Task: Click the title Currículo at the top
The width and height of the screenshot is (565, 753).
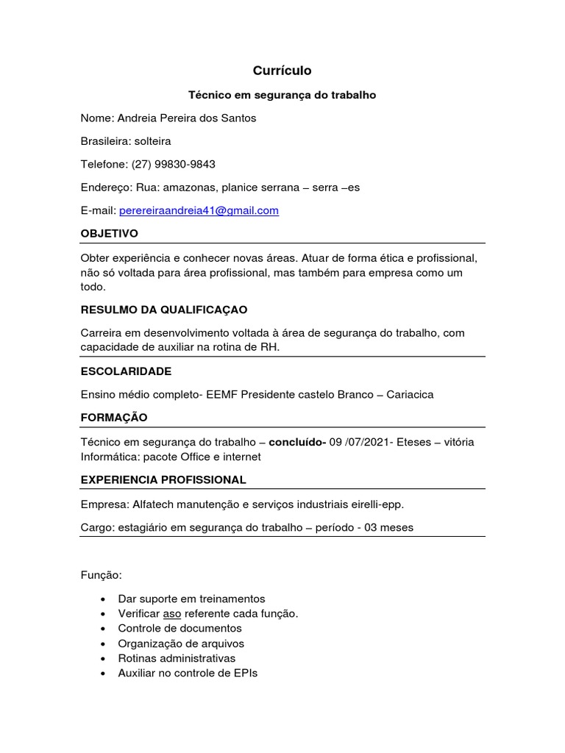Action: (x=282, y=71)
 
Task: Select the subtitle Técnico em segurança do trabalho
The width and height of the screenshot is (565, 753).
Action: (x=282, y=95)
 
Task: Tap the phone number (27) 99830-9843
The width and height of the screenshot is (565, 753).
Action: (x=174, y=164)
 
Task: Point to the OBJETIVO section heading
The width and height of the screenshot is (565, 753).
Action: (x=110, y=234)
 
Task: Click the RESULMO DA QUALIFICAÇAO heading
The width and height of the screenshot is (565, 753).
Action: (x=164, y=310)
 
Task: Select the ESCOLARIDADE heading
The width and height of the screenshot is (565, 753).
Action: (x=126, y=371)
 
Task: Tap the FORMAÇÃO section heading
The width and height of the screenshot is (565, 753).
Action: (x=114, y=418)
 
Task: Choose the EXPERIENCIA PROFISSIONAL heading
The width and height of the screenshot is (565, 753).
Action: (x=163, y=480)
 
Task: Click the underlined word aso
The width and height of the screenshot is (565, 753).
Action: (x=171, y=613)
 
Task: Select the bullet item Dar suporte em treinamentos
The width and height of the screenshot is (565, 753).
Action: (x=191, y=599)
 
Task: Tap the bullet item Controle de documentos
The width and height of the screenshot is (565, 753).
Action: (x=180, y=628)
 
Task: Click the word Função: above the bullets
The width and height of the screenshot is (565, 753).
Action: (x=101, y=574)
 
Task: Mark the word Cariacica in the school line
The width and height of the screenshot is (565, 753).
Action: (x=410, y=394)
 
